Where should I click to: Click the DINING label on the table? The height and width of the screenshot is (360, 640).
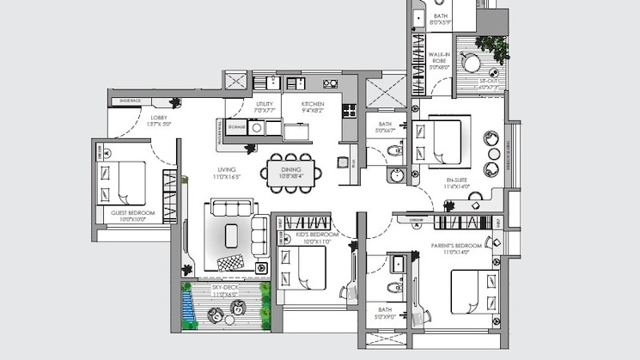(290, 169)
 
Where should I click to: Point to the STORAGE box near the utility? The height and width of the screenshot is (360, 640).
(236, 127)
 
